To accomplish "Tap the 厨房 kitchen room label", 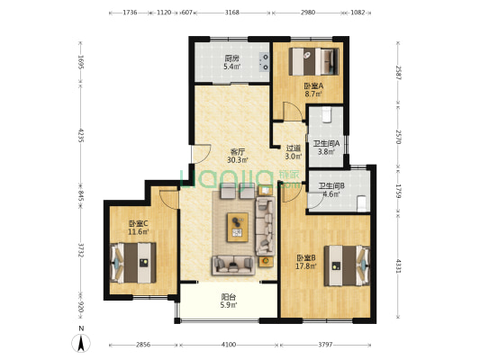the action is pyautogui.click(x=231, y=58).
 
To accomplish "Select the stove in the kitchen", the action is pyautogui.click(x=264, y=62).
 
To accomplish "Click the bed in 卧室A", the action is pyautogui.click(x=313, y=61).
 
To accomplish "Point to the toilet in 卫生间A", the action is pyautogui.click(x=327, y=114).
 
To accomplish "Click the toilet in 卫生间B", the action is pyautogui.click(x=362, y=203).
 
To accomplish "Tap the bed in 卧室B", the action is pyautogui.click(x=347, y=265).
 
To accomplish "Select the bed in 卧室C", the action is pyautogui.click(x=133, y=263).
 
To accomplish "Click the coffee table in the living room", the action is pyautogui.click(x=238, y=228).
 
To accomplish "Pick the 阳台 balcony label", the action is pyautogui.click(x=229, y=297).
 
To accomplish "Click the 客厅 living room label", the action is pyautogui.click(x=238, y=152).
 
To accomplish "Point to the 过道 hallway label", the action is pyautogui.click(x=294, y=148).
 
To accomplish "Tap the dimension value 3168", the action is pyautogui.click(x=231, y=13).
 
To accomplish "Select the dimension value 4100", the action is pyautogui.click(x=229, y=345).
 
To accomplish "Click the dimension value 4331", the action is pyautogui.click(x=398, y=266).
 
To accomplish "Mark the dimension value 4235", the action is pyautogui.click(x=80, y=135).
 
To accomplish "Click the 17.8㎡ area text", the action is pyautogui.click(x=306, y=266).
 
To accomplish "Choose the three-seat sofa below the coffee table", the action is pyautogui.click(x=233, y=265).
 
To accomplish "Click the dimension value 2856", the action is pyautogui.click(x=143, y=345).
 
